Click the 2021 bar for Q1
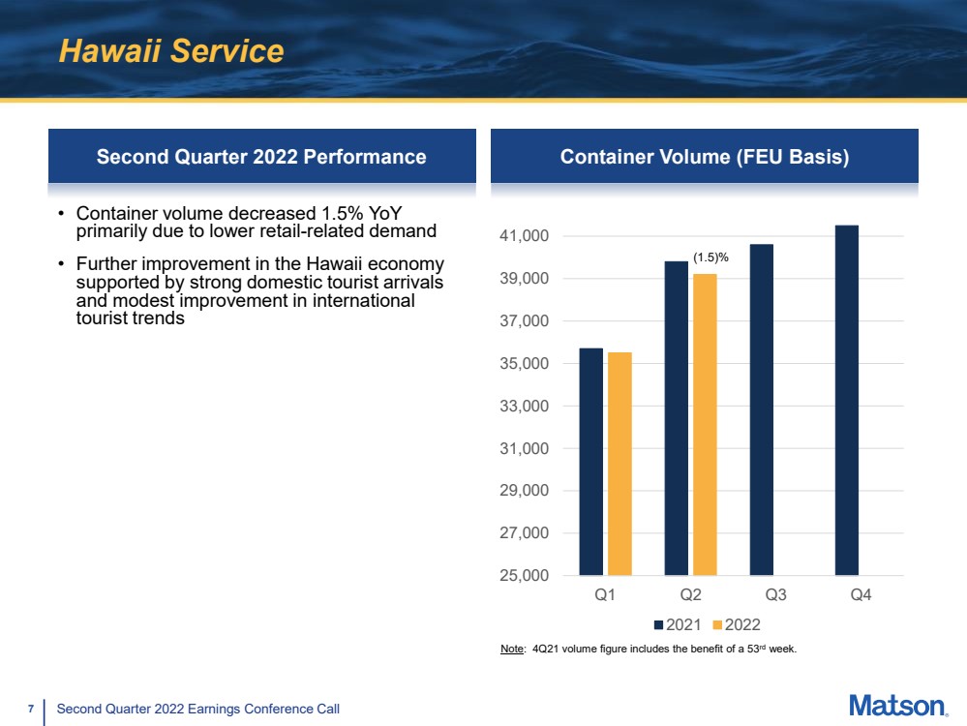pyautogui.click(x=590, y=461)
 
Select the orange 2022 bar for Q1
pyautogui.click(x=619, y=463)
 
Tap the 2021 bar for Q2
pyautogui.click(x=676, y=417)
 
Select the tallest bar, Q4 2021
pyautogui.click(x=847, y=400)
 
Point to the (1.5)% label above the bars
pyautogui.click(x=710, y=257)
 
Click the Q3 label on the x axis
pyautogui.click(x=774, y=596)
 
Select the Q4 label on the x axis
pyautogui.click(x=861, y=596)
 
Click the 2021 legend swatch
pyautogui.click(x=658, y=624)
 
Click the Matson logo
pyautogui.click(x=897, y=707)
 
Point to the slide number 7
pyautogui.click(x=31, y=710)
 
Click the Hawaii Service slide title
pyautogui.click(x=171, y=51)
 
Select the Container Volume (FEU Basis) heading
pyautogui.click(x=704, y=157)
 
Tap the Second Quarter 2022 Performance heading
pyautogui.click(x=261, y=157)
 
